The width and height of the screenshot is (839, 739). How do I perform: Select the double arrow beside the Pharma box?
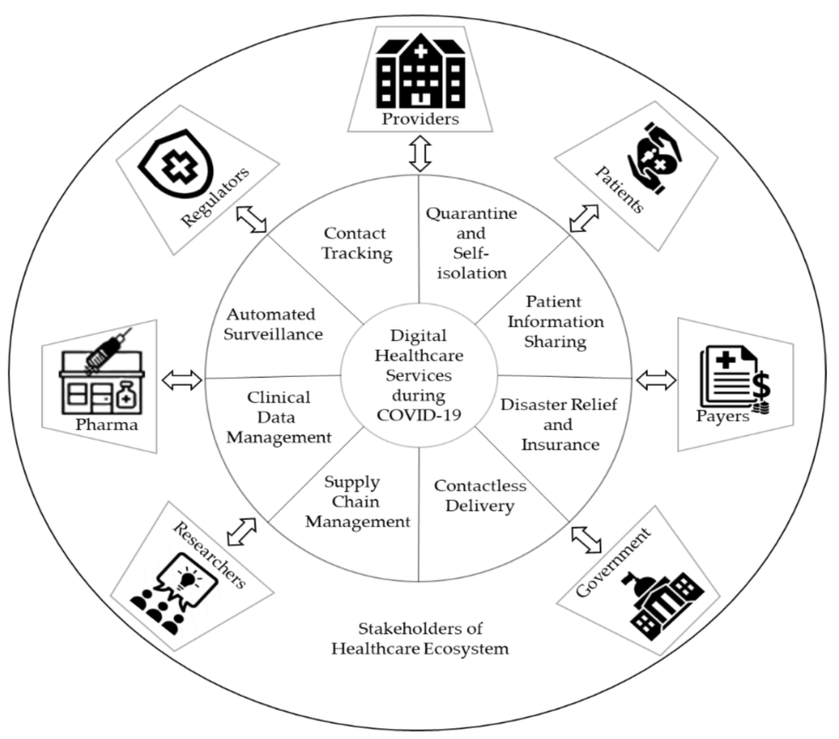click(181, 379)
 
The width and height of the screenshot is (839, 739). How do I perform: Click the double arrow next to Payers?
click(656, 379)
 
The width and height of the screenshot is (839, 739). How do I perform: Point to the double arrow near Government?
click(586, 538)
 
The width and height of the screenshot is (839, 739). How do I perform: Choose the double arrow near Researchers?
click(242, 531)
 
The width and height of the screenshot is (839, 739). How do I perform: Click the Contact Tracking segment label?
click(356, 243)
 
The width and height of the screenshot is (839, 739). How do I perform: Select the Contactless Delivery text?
click(479, 496)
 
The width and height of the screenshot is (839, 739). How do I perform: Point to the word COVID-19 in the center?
click(419, 414)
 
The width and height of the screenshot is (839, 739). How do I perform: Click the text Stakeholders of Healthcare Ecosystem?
click(419, 639)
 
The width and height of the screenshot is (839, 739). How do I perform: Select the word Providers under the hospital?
click(419, 120)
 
